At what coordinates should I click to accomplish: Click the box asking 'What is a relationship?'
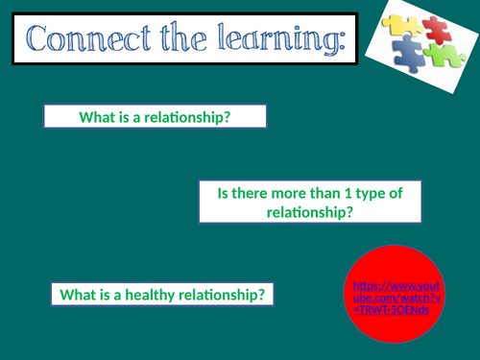(x=155, y=116)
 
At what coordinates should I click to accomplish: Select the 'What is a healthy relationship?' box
(x=161, y=294)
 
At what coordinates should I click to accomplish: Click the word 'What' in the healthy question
(x=76, y=294)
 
